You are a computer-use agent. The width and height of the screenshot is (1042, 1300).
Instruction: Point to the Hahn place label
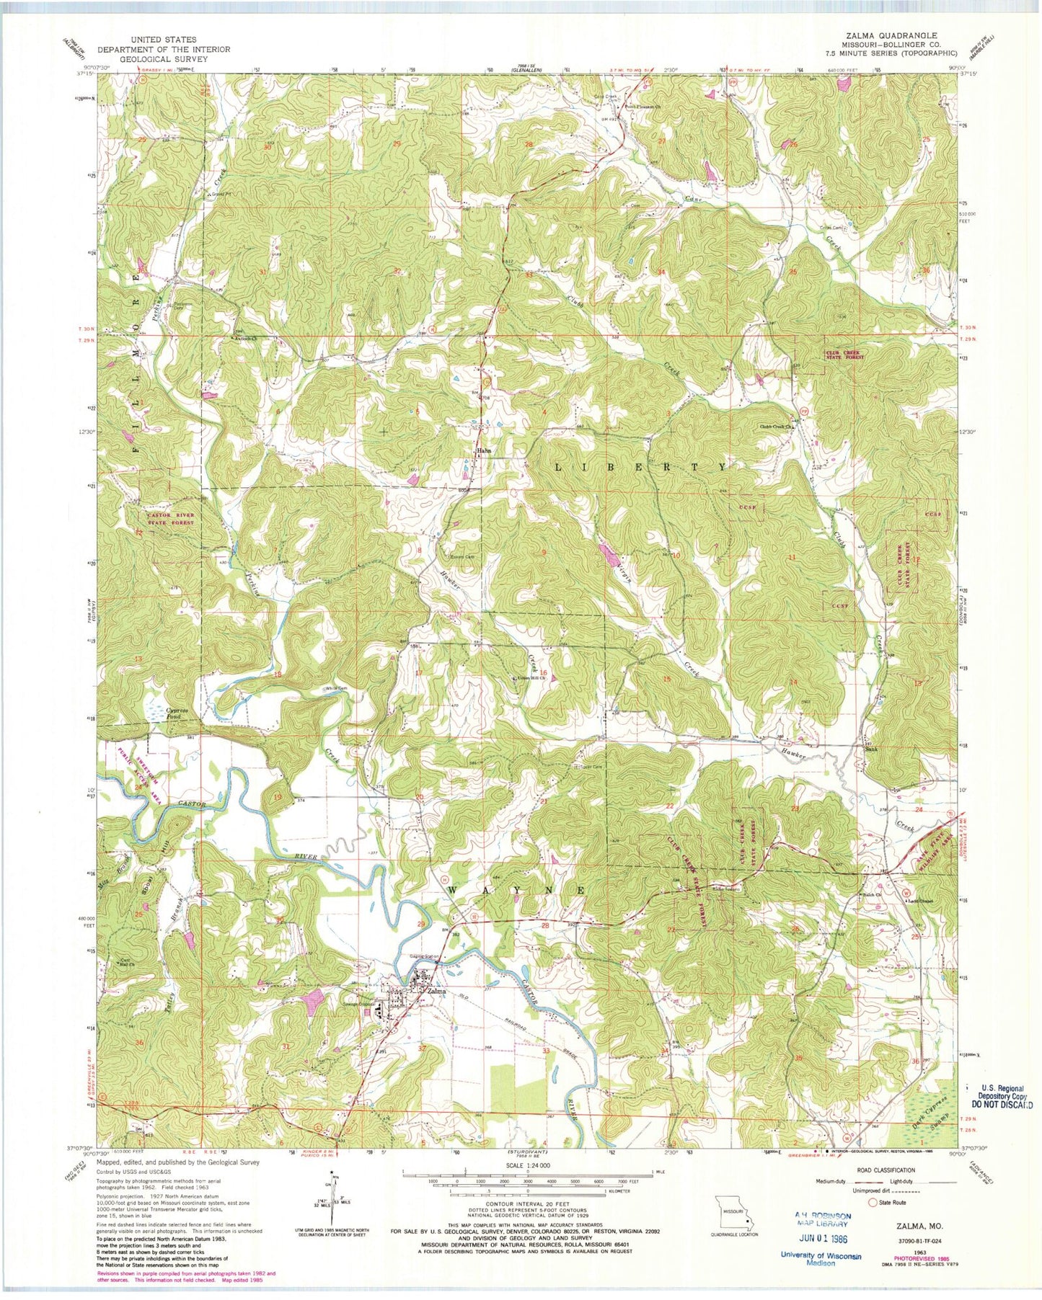484,451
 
